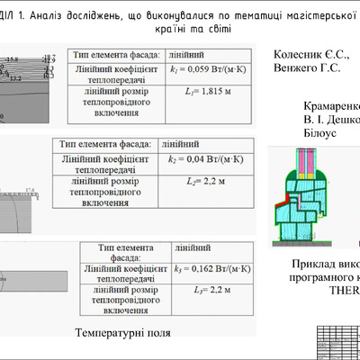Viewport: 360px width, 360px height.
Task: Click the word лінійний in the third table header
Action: point(194,247)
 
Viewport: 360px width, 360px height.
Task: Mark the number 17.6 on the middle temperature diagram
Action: point(29,190)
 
